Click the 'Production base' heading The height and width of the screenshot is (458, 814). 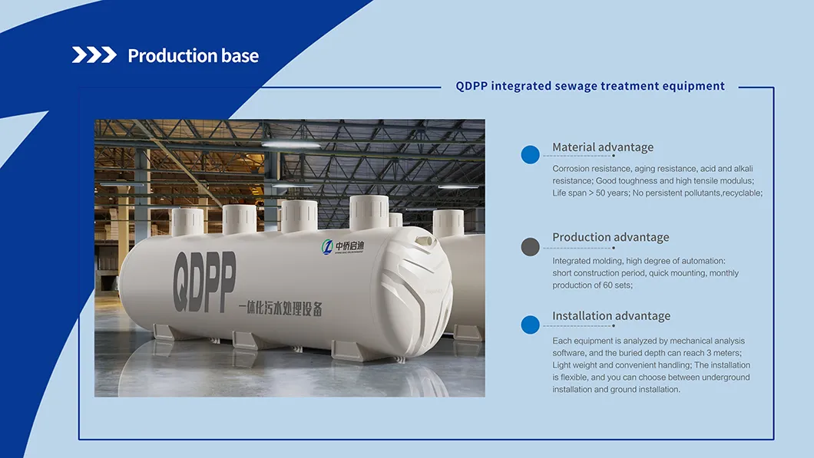(x=193, y=56)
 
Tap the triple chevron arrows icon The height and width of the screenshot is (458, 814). (x=94, y=55)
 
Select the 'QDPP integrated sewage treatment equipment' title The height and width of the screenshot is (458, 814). (x=590, y=86)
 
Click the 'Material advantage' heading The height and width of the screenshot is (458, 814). (x=603, y=147)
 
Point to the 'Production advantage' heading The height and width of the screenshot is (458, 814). (x=610, y=237)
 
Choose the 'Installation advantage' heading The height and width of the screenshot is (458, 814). (x=611, y=316)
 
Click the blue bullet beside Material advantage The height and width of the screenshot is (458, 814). (x=531, y=154)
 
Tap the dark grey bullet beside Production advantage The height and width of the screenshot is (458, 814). (x=531, y=246)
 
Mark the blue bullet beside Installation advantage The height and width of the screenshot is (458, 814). (x=531, y=325)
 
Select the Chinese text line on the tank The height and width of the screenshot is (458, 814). (x=280, y=308)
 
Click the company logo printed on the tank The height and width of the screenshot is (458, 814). (x=343, y=246)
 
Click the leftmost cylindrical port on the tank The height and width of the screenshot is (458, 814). (x=187, y=221)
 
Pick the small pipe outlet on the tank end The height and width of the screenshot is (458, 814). (x=422, y=240)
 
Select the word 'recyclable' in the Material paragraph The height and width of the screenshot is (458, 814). (x=741, y=193)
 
